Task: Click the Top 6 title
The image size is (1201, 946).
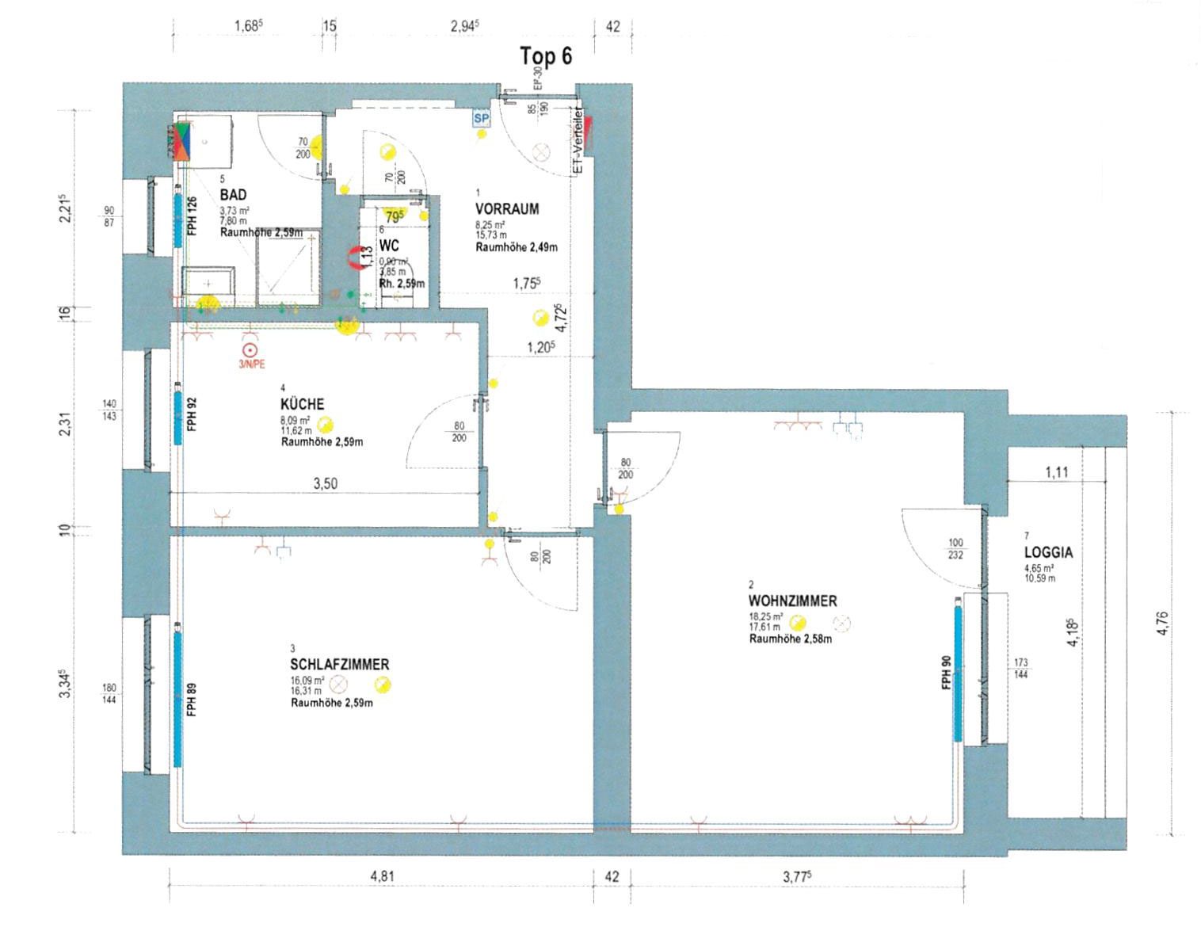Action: [545, 57]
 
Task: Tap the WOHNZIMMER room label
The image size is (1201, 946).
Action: [792, 601]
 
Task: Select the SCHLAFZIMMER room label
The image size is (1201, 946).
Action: [339, 665]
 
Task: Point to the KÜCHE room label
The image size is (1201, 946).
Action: [302, 404]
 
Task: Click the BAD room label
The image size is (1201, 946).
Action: [233, 195]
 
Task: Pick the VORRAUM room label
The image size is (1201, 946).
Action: [507, 209]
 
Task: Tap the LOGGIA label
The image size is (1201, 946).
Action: [1048, 552]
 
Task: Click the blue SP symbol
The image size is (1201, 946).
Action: [481, 119]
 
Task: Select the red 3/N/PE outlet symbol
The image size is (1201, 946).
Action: [250, 351]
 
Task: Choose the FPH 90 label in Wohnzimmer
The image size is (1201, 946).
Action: [946, 673]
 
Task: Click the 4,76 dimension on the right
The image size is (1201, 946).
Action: [1162, 622]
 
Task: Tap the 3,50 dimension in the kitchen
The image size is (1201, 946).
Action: [325, 483]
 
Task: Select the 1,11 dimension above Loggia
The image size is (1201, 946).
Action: [1057, 472]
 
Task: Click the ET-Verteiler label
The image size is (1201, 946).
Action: [578, 142]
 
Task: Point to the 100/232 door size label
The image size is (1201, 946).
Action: [955, 549]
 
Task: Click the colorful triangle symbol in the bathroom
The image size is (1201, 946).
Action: [181, 142]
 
